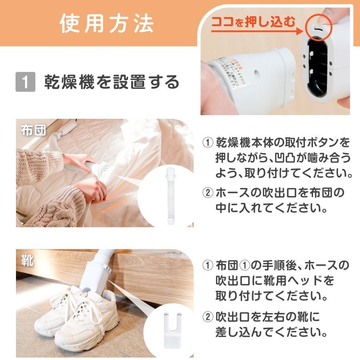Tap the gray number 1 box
pos(25,82)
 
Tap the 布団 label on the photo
pos(33,131)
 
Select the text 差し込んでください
pos(272,332)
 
